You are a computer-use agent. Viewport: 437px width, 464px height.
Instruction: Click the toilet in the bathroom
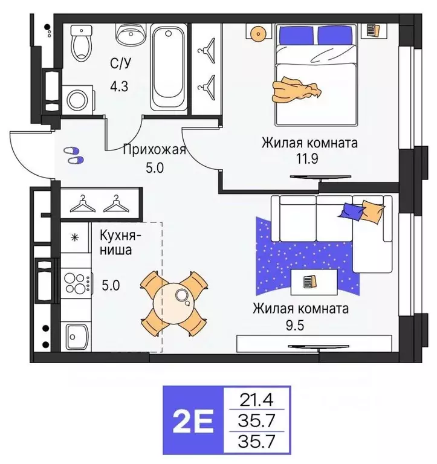pos(80,42)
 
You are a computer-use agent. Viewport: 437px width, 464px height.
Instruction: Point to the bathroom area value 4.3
pos(119,86)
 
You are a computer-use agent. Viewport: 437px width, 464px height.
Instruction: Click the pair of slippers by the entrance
pos(73,155)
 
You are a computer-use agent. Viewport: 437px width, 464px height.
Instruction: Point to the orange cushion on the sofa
pos(372,212)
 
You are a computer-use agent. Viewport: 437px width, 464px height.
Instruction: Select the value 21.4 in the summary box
pos(256,399)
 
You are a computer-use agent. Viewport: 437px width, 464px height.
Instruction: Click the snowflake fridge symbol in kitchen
pos(75,237)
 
